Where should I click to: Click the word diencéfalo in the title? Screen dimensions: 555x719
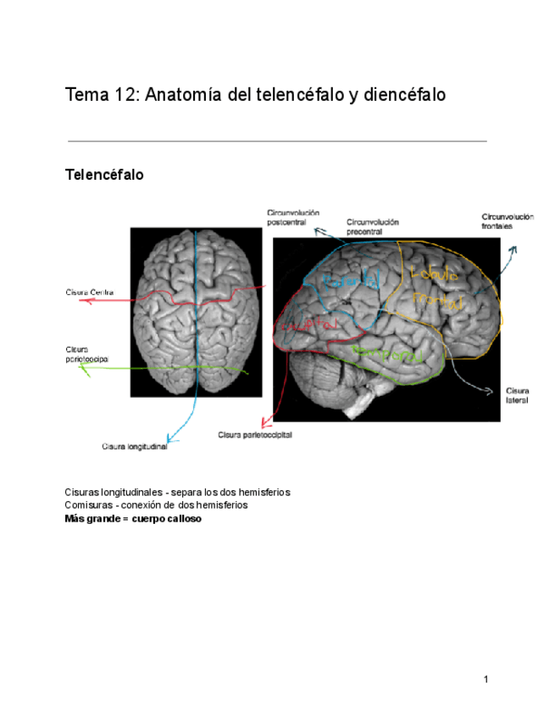pyautogui.click(x=402, y=95)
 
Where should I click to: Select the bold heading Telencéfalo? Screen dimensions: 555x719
pyautogui.click(x=104, y=176)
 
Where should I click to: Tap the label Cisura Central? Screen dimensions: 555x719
pyautogui.click(x=90, y=293)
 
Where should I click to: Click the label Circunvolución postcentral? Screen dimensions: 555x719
pyautogui.click(x=292, y=216)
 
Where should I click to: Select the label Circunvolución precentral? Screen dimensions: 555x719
pyautogui.click(x=372, y=226)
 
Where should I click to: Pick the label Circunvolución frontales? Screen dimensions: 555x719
pyautogui.click(x=508, y=222)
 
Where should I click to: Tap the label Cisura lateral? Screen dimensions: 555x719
pyautogui.click(x=518, y=394)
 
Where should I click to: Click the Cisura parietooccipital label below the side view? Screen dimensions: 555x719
pyautogui.click(x=255, y=434)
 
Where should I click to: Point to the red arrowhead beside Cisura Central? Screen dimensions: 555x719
pyautogui.click(x=82, y=300)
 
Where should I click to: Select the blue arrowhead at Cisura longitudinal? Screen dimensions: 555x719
pyautogui.click(x=170, y=438)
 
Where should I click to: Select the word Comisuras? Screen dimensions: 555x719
pyautogui.click(x=88, y=504)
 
